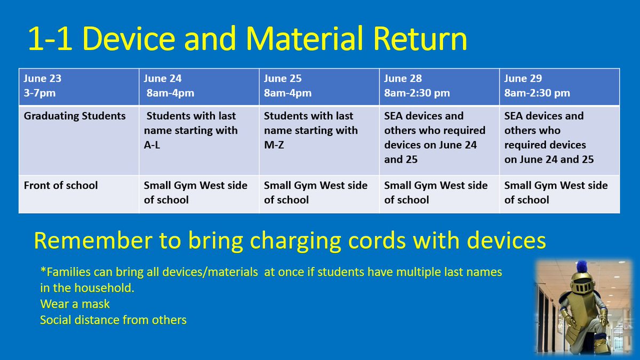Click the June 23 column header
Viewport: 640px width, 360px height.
click(78, 86)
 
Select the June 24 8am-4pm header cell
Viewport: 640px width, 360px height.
click(199, 86)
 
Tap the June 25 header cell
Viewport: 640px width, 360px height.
click(319, 86)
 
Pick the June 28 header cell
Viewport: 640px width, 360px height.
click(439, 86)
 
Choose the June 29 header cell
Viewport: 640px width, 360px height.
click(559, 86)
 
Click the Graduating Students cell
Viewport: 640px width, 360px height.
click(75, 116)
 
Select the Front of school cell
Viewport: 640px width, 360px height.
click(61, 186)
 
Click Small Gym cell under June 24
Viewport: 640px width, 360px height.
click(195, 193)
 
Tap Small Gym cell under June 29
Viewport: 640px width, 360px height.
click(556, 193)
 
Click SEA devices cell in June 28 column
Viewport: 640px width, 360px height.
click(435, 138)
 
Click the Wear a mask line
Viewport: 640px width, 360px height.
click(75, 304)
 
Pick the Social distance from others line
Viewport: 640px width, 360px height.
click(113, 320)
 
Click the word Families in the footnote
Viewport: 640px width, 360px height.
click(66, 272)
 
